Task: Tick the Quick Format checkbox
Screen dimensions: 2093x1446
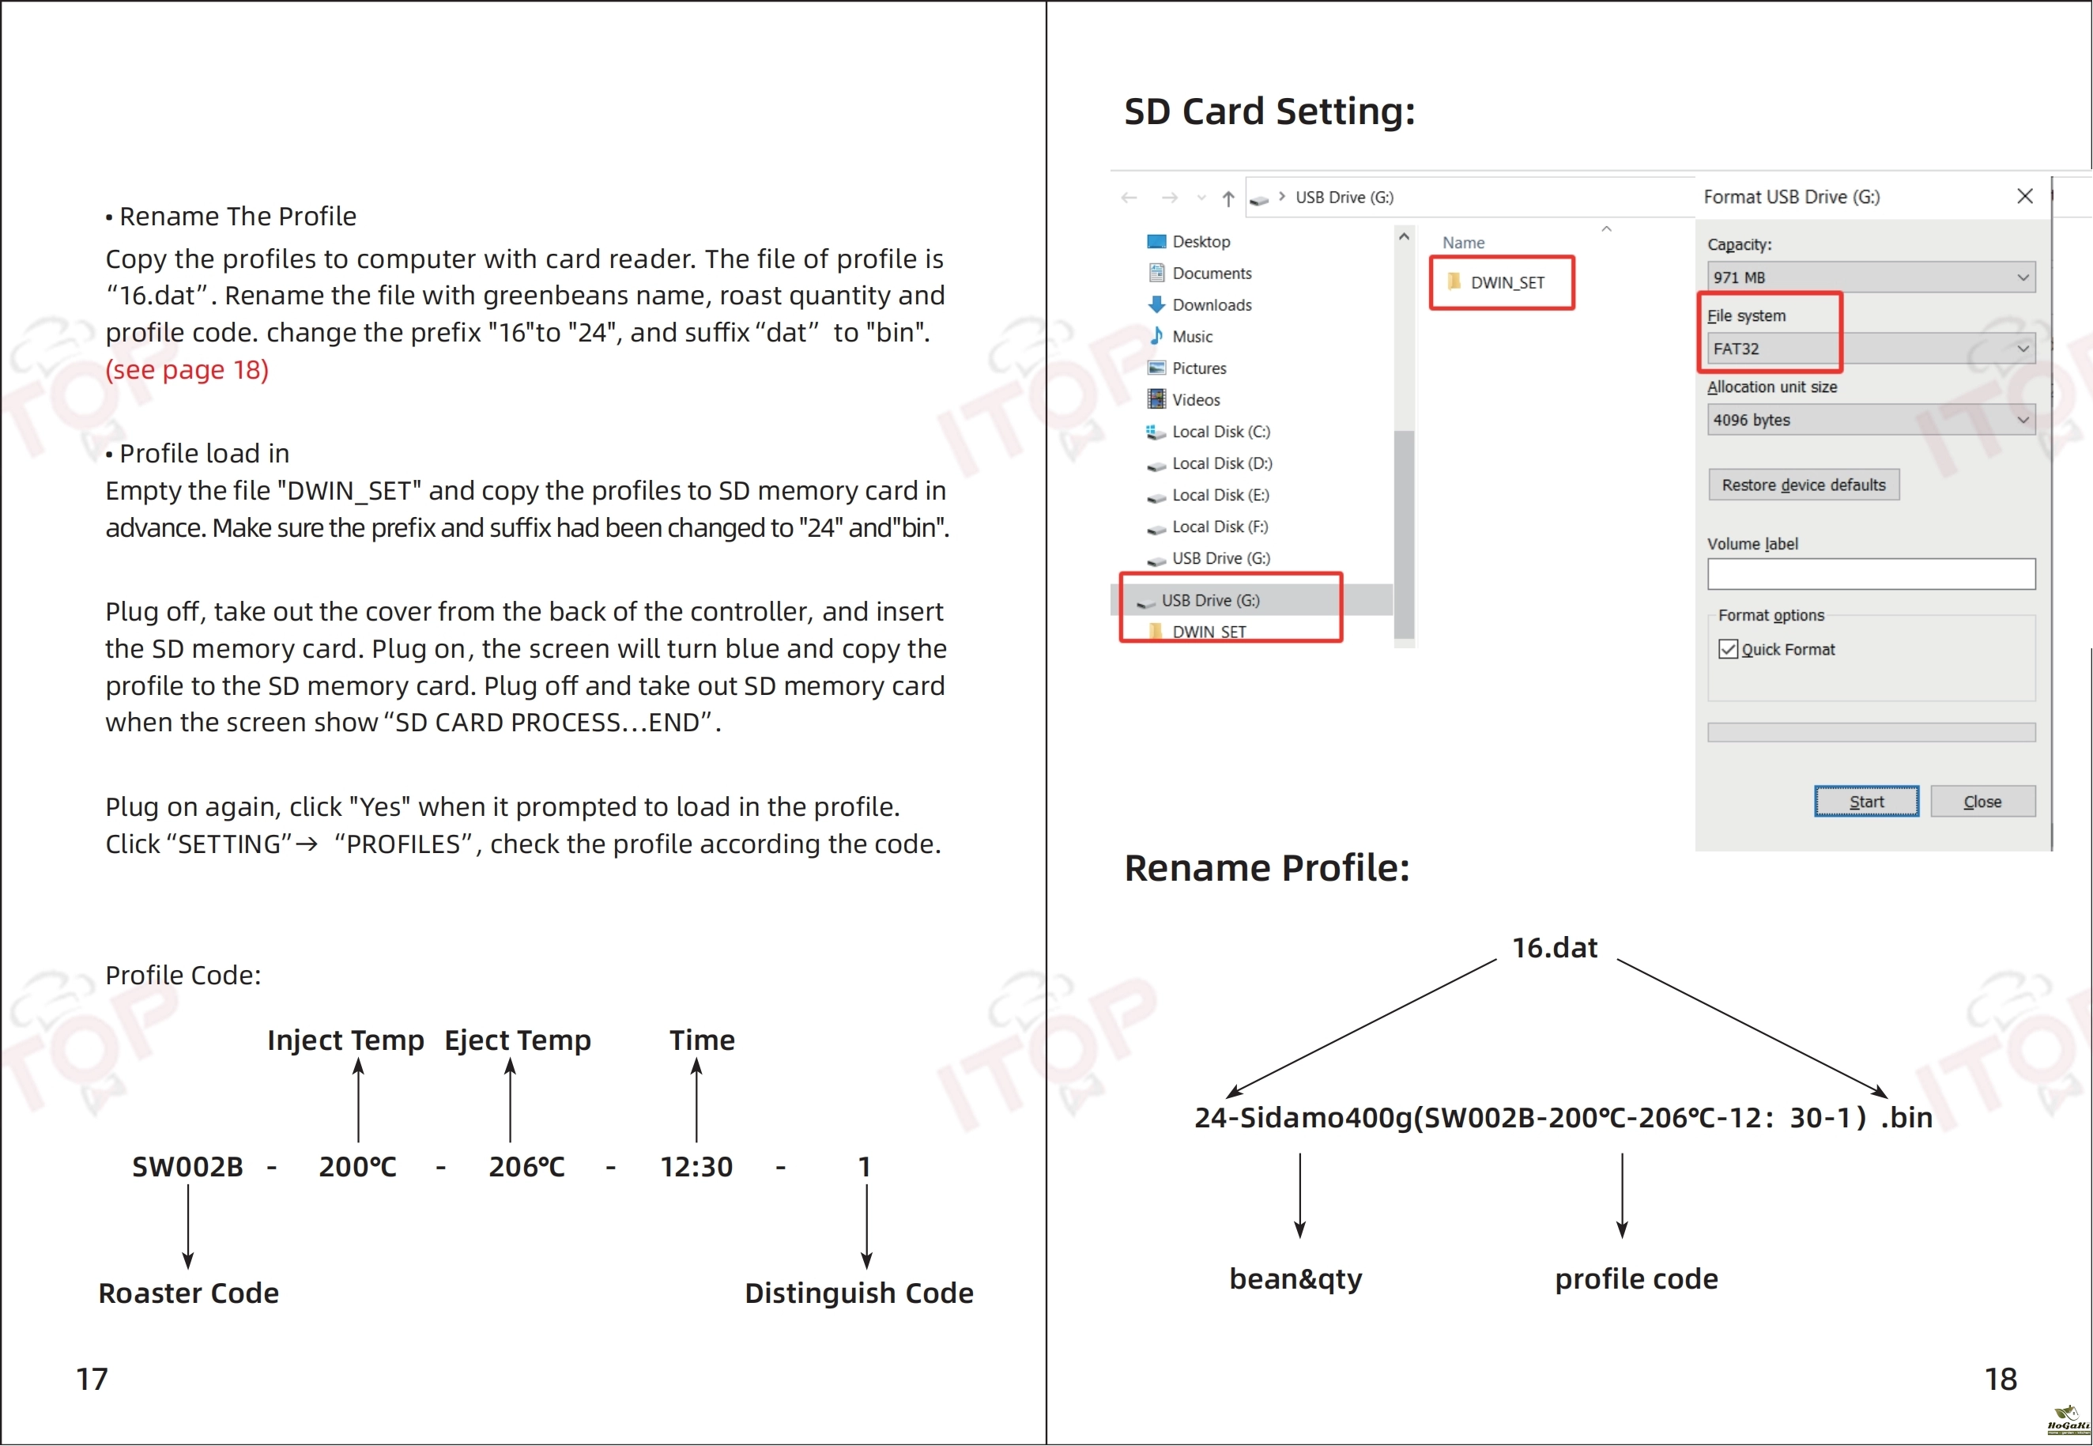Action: (1728, 649)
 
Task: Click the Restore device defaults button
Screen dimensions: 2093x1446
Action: (1803, 485)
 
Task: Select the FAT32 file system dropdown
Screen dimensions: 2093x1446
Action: (1870, 349)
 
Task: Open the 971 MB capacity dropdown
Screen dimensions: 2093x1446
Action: (1870, 277)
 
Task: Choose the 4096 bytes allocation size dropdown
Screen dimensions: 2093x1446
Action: (1870, 420)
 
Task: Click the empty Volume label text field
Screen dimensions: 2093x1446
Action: (1870, 573)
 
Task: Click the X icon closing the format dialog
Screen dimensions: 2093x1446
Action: (2025, 196)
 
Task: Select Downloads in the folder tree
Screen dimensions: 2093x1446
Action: (1201, 304)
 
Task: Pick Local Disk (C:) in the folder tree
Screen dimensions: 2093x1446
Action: (1209, 431)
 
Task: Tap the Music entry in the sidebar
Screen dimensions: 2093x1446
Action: (1181, 336)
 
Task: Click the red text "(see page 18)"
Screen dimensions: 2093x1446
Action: (187, 370)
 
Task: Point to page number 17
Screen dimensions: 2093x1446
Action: (92, 1378)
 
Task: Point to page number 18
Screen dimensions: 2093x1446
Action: (2001, 1378)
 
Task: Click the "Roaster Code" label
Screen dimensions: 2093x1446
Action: (188, 1293)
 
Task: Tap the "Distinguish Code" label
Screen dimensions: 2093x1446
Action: (858, 1293)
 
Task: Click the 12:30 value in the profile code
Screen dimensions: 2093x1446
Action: (696, 1166)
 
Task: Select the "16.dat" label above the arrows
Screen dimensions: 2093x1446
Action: (1555, 948)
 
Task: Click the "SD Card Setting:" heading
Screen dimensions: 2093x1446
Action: (1269, 111)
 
